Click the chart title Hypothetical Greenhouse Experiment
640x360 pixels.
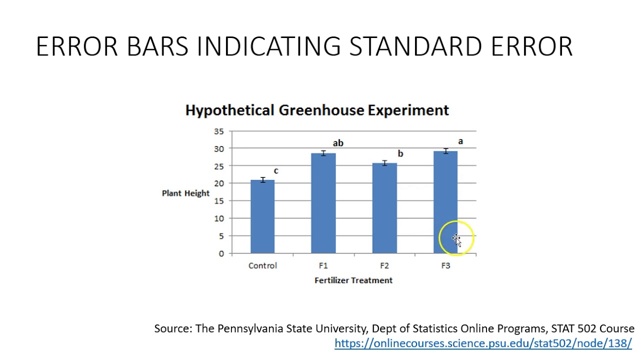point(317,110)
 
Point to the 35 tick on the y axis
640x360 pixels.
point(219,131)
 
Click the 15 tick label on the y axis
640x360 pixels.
point(219,201)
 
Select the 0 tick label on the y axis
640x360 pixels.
point(221,253)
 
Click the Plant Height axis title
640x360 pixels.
point(185,193)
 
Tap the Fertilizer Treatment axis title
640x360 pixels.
point(353,280)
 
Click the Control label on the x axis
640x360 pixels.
point(262,266)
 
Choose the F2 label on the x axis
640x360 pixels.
point(384,266)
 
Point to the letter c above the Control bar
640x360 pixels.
point(276,171)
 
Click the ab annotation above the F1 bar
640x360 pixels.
point(338,143)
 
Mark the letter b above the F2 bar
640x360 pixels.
point(400,154)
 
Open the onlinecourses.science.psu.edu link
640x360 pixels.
point(483,343)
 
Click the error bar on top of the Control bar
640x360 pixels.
point(262,180)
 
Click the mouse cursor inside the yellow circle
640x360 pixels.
point(456,239)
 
